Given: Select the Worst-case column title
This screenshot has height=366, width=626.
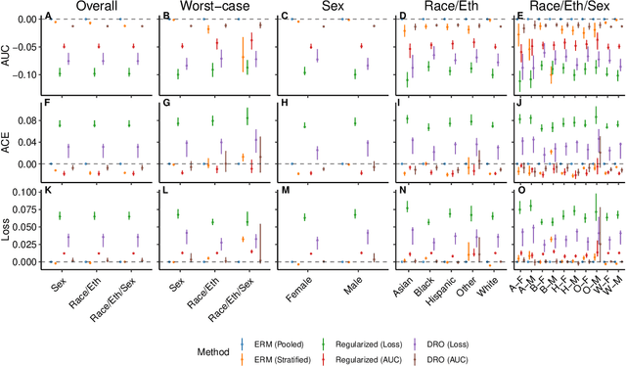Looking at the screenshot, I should click(217, 7).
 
